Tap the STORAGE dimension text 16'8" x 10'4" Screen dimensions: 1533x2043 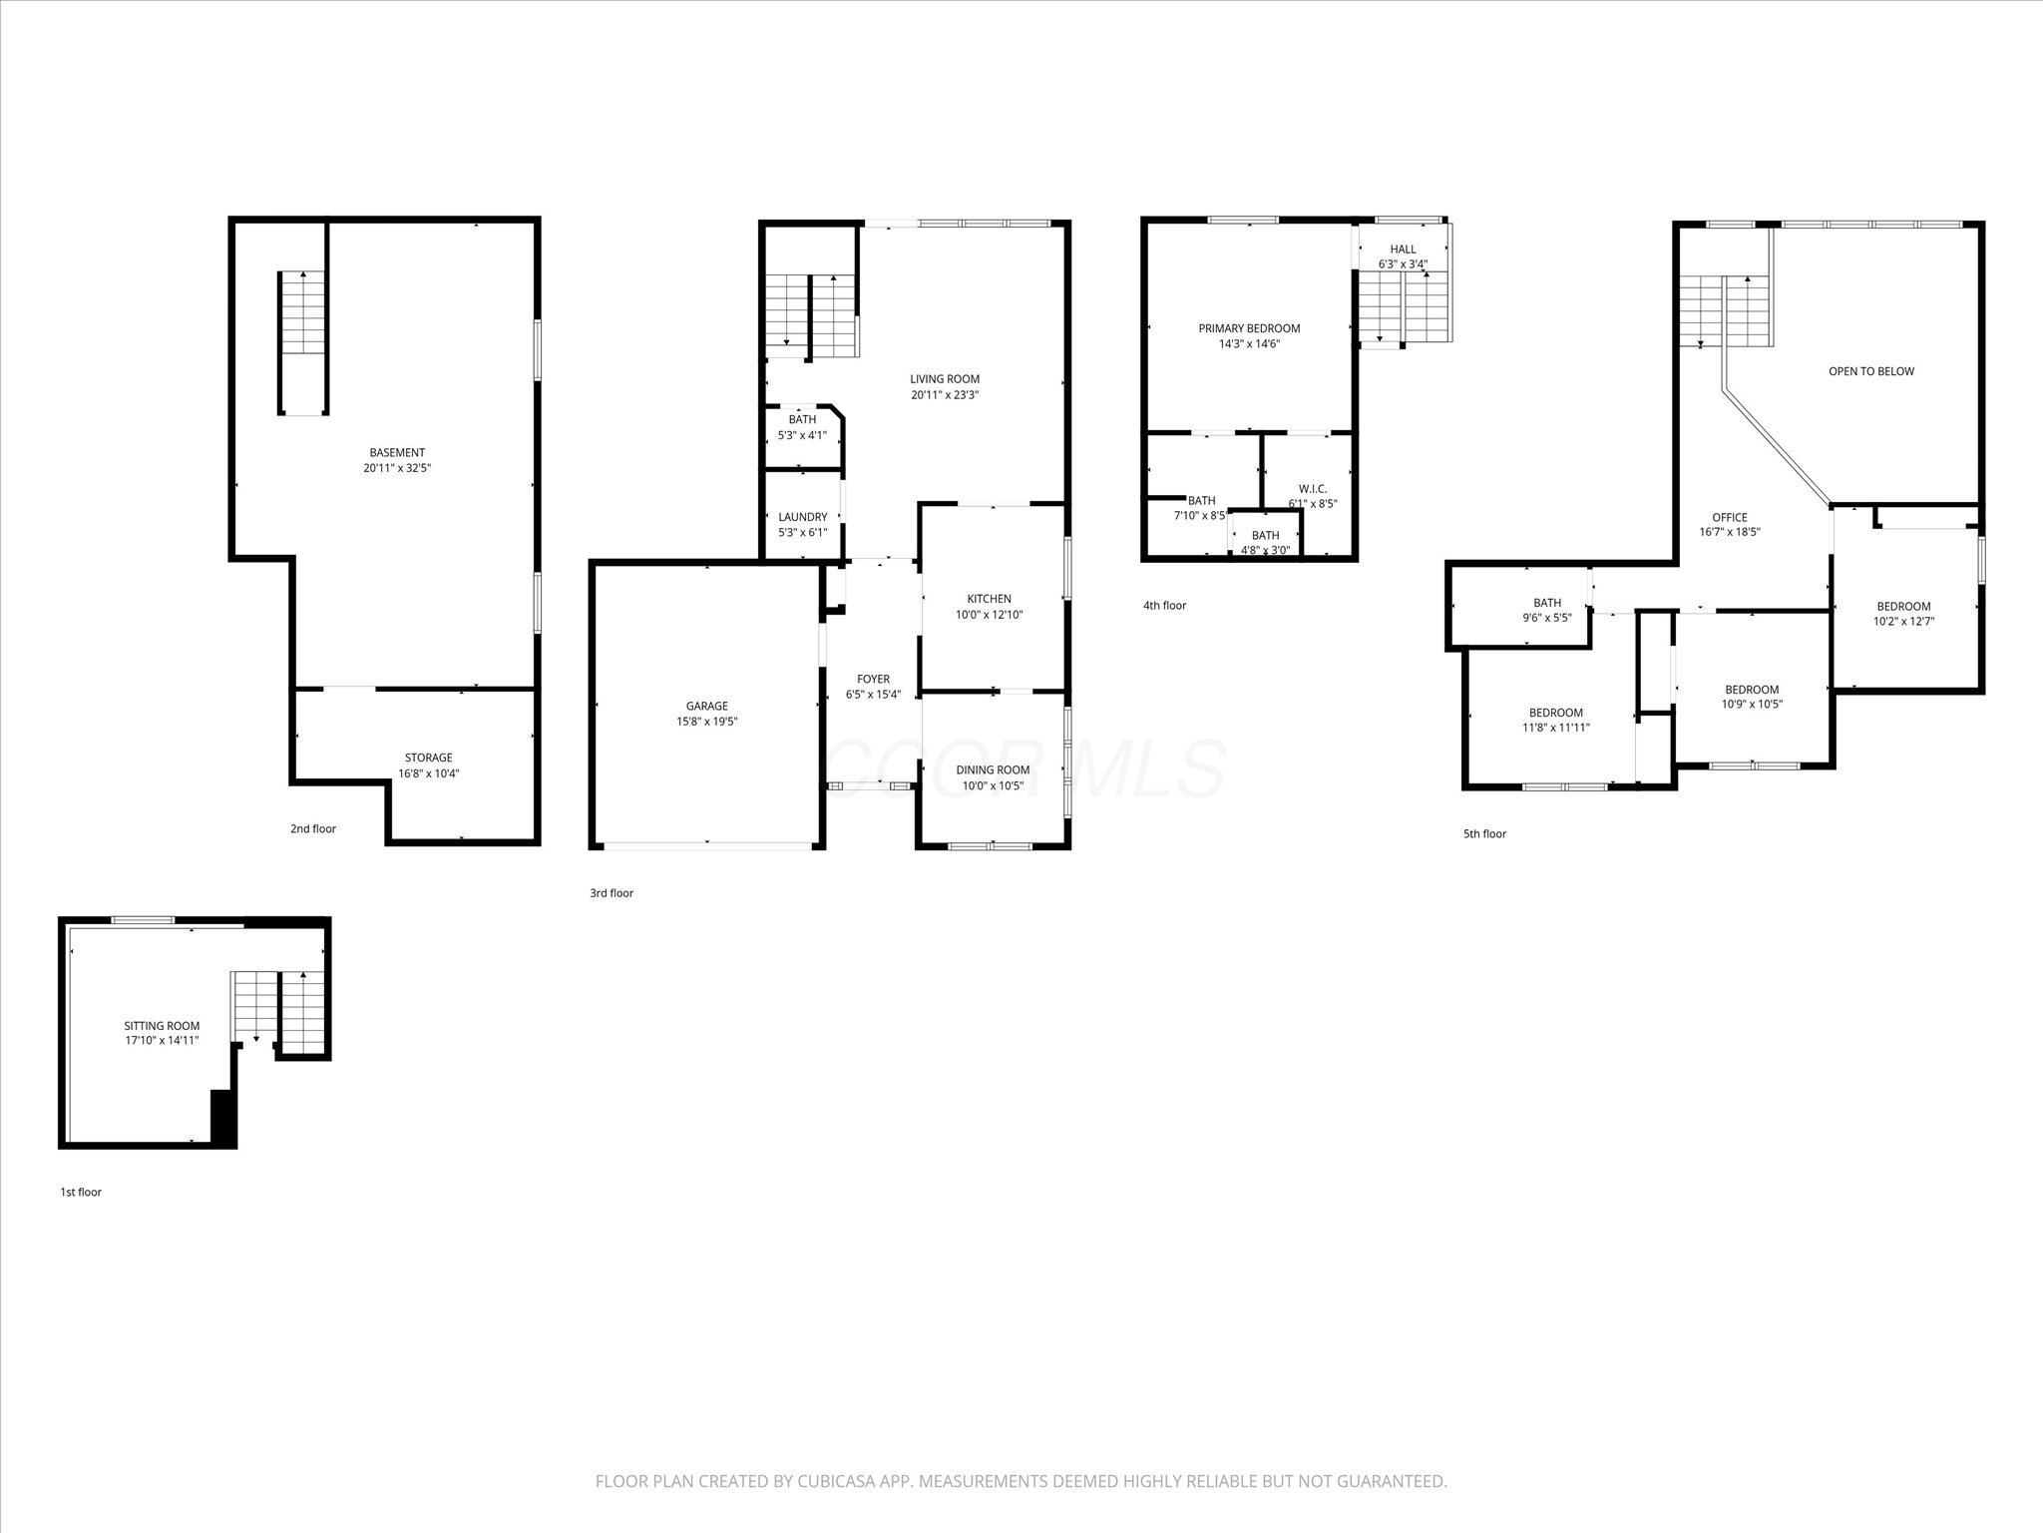(x=428, y=773)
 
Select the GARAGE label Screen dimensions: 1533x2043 (x=706, y=707)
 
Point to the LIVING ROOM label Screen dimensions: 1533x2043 (x=944, y=379)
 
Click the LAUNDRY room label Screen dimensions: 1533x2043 (x=802, y=517)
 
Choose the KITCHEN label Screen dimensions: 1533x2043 (x=989, y=599)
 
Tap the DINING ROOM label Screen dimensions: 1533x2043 (x=993, y=769)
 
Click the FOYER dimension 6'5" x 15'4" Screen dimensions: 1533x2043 (x=873, y=695)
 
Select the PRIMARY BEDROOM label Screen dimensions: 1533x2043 (x=1249, y=328)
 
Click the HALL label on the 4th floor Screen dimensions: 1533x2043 (x=1403, y=250)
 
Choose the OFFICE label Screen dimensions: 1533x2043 (x=1729, y=517)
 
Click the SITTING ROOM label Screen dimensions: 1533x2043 (x=162, y=1026)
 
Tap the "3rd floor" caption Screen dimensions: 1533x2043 (x=611, y=893)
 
